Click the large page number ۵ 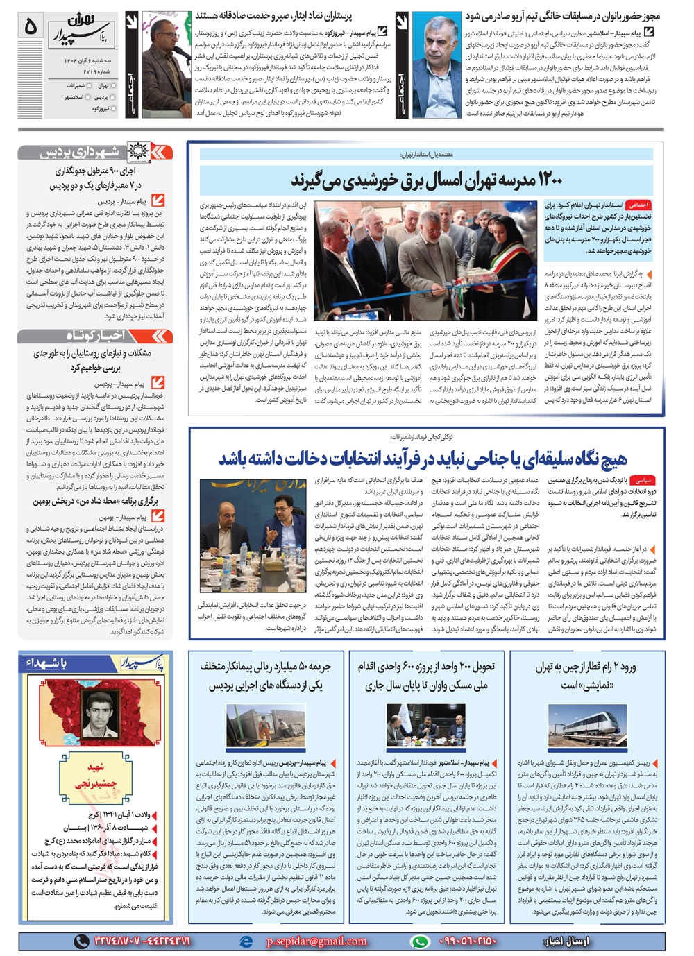click(x=31, y=26)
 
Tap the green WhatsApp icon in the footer click(x=419, y=941)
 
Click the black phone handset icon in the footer click(x=82, y=941)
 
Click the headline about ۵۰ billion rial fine click(x=265, y=675)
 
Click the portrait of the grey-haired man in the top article click(x=437, y=65)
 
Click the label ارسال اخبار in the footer click(x=568, y=941)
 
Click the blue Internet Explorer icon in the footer click(x=245, y=941)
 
